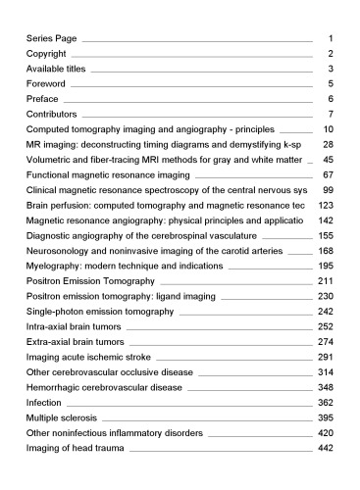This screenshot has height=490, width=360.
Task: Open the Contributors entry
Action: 54,115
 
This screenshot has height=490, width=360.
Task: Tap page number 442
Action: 327,449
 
